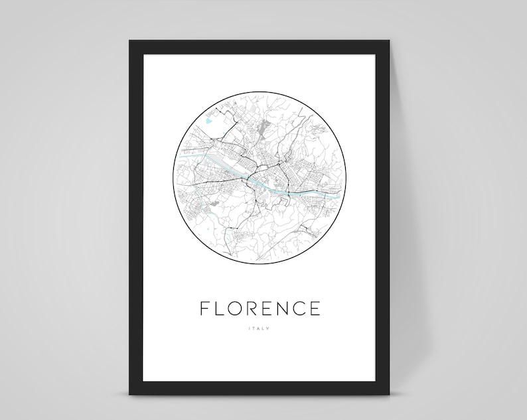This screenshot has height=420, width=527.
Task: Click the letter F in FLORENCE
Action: (x=205, y=309)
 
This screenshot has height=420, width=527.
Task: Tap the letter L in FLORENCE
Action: (x=221, y=309)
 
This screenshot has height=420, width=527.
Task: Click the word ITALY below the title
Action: (x=259, y=328)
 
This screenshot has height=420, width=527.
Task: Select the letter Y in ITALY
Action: (x=269, y=328)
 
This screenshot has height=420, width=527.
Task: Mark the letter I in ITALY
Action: (x=249, y=328)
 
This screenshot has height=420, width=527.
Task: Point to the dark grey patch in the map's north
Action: (x=267, y=127)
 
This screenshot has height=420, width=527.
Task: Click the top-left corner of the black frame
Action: (x=130, y=41)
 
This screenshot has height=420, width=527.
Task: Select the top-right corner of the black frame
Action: (x=389, y=41)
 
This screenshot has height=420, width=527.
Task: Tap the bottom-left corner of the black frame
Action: (x=130, y=394)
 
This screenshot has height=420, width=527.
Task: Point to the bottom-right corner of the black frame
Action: (x=389, y=394)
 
